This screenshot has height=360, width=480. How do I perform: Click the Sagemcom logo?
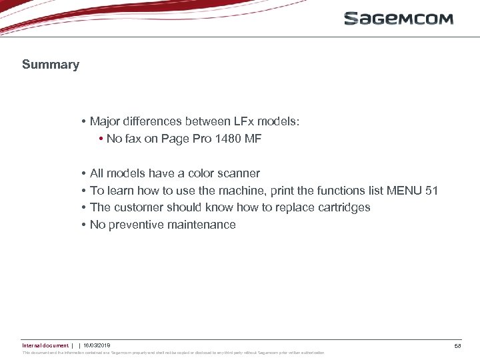pos(399,19)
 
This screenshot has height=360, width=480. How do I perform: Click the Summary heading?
pos(51,65)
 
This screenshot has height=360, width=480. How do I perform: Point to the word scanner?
pos(237,173)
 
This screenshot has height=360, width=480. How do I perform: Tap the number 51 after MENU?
pos(431,191)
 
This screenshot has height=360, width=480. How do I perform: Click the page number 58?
pos(457,346)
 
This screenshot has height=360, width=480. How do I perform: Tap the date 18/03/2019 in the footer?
pos(97,345)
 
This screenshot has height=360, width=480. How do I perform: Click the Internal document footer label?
pos(45,345)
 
